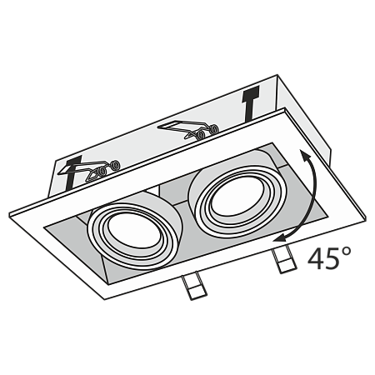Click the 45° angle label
323,259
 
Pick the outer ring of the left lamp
97,235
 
